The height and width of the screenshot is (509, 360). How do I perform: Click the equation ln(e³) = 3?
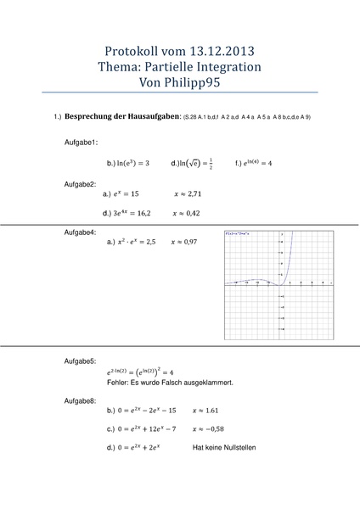[127, 162]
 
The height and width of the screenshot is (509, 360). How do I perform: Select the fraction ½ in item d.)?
[211, 162]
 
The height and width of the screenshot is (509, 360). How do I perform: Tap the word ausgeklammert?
[206, 383]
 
